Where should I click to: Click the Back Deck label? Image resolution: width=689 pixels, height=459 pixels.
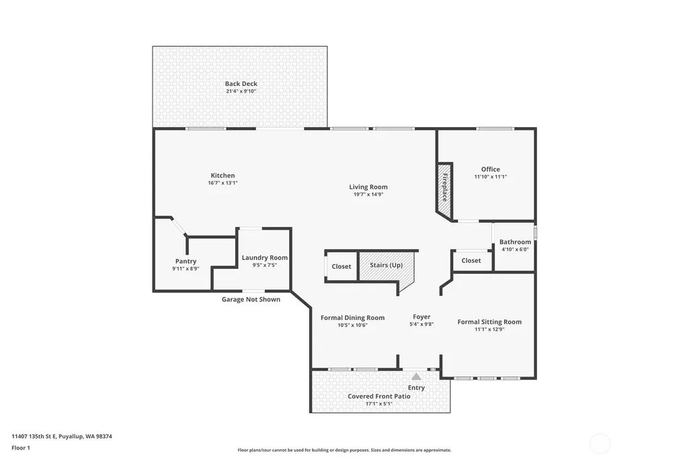pos(241,83)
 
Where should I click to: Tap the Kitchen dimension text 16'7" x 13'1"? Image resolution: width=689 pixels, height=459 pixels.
pos(222,183)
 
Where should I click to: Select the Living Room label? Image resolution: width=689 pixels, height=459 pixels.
pos(368,187)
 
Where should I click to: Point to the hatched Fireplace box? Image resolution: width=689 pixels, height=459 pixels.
pos(444,192)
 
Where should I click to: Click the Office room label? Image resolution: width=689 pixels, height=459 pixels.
pos(491,169)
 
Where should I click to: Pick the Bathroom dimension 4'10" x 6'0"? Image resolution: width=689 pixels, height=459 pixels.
pos(515,249)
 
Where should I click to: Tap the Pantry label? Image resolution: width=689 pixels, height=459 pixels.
pos(186,261)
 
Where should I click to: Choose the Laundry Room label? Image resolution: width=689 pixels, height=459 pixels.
pos(265,258)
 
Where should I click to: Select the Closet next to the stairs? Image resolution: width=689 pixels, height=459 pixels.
pos(341,266)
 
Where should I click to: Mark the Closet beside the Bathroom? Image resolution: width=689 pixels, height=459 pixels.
pos(471,261)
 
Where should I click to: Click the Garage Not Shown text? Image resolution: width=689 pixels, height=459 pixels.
pos(251,299)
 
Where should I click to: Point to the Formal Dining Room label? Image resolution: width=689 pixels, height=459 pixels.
pos(352,318)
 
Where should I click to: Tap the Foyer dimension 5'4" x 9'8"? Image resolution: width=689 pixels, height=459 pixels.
pos(421,324)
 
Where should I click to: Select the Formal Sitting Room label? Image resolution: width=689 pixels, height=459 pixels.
pos(489,321)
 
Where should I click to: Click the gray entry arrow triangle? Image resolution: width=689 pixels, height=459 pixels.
pos(416,376)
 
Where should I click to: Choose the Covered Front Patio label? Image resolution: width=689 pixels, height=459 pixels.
pos(378,397)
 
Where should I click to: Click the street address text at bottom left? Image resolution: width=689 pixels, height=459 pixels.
pos(62,436)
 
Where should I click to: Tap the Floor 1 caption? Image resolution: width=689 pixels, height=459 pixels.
pos(21,448)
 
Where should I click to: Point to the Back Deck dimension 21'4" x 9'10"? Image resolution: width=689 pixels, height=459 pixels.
pos(241,91)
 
